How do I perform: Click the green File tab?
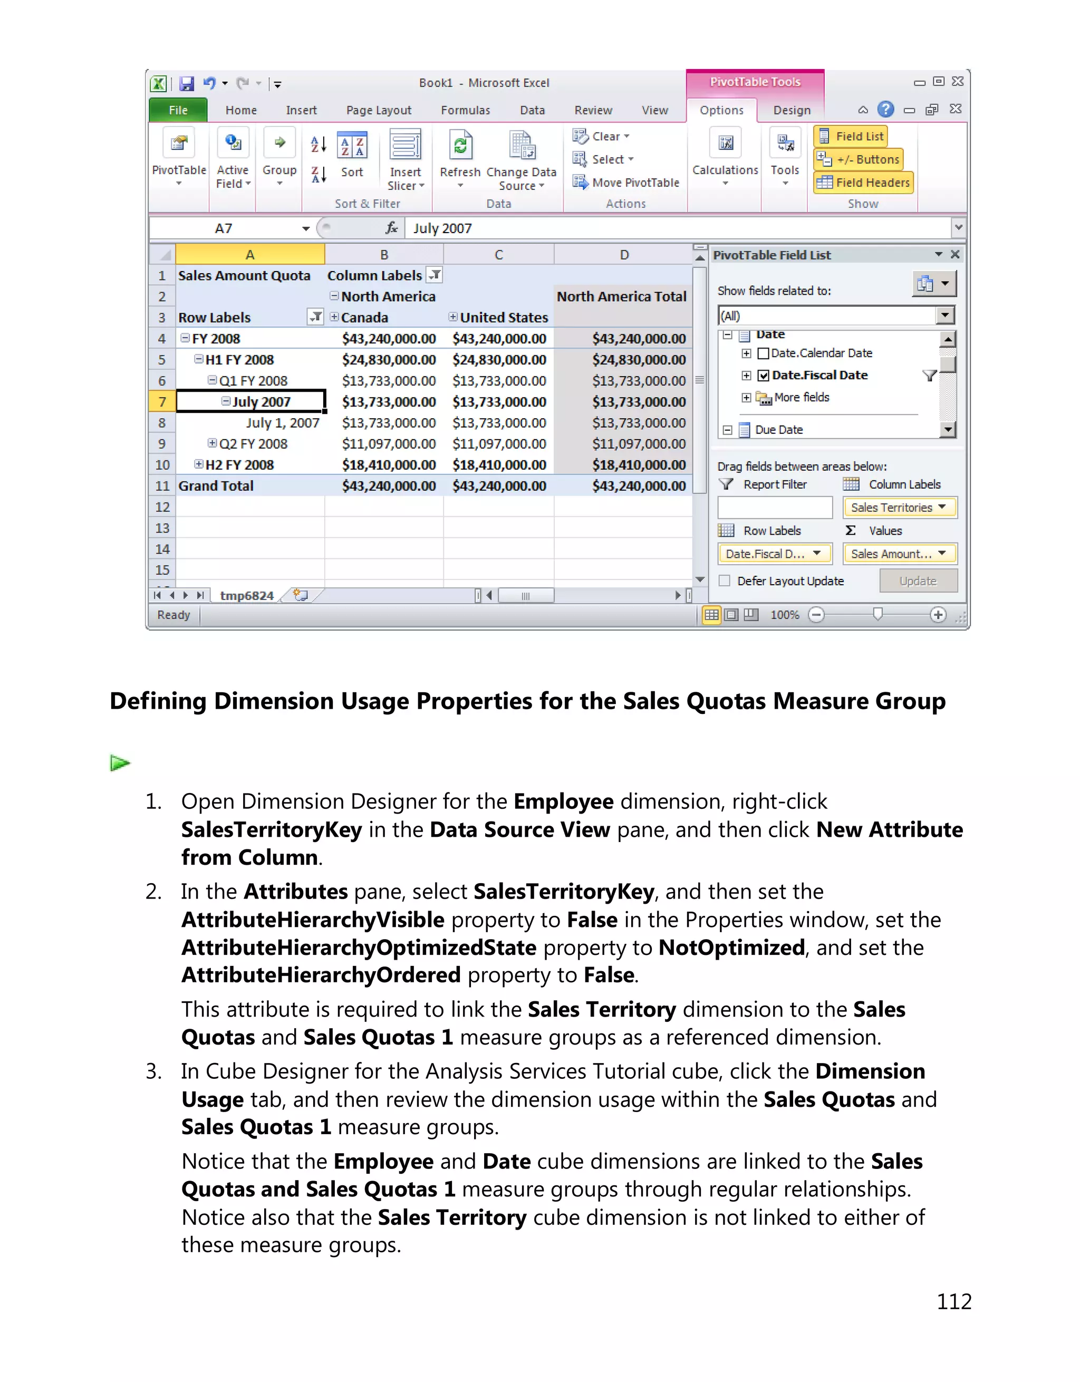pos(178,110)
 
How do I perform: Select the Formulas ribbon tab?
pos(465,110)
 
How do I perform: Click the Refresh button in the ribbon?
pos(460,158)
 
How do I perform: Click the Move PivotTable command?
pos(626,183)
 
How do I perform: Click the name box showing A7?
pos(224,228)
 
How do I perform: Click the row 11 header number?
pos(162,486)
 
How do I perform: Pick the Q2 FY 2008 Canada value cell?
pos(389,444)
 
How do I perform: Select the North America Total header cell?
pos(621,297)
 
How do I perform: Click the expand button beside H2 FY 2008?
pos(199,465)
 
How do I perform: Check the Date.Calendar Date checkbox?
pos(764,354)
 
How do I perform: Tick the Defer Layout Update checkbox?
pos(725,581)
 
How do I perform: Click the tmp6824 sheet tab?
pos(247,595)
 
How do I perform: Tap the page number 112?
pos(953,1302)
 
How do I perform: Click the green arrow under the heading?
pos(120,763)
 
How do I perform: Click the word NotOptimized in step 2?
pos(731,948)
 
